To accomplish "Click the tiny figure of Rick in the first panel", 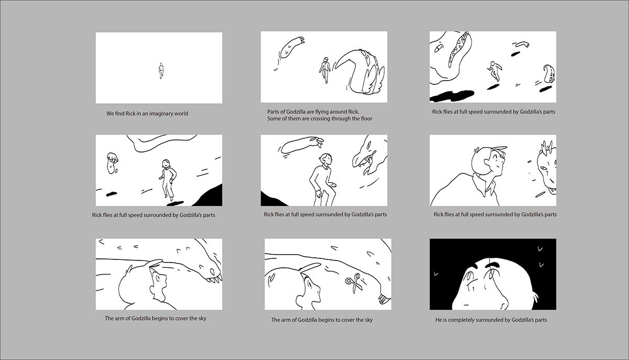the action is click(161, 71).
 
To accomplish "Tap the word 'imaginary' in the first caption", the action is click(160, 114).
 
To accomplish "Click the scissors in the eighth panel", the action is click(353, 283).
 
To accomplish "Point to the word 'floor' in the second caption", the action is click(366, 118).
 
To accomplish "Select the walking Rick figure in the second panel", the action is click(325, 70).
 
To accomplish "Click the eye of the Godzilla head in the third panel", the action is click(438, 49).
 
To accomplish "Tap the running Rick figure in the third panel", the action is click(494, 71).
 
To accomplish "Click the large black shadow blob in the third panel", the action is click(452, 96).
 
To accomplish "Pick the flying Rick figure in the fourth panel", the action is click(168, 180).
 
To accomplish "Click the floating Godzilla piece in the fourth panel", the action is click(112, 163).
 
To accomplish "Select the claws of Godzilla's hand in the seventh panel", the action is click(213, 279).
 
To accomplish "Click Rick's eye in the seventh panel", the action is click(158, 278).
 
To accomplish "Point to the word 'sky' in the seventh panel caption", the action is click(202, 319).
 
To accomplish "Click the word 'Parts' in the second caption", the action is click(273, 112).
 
